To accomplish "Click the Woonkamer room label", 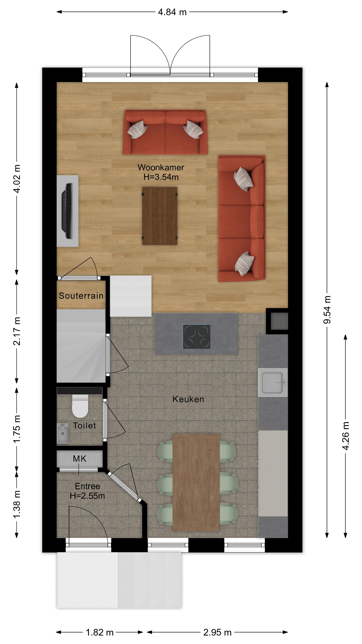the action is click(161, 167).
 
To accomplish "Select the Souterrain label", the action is click(81, 296).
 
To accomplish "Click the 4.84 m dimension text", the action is click(172, 12).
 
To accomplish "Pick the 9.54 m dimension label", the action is click(327, 309).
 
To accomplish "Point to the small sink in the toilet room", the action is click(63, 433).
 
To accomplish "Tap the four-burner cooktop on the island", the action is click(196, 336).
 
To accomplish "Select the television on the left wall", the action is click(67, 211).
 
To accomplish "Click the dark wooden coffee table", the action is click(160, 216).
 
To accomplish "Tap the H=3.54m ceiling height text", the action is click(161, 177).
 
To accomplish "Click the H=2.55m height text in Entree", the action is click(87, 496).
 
